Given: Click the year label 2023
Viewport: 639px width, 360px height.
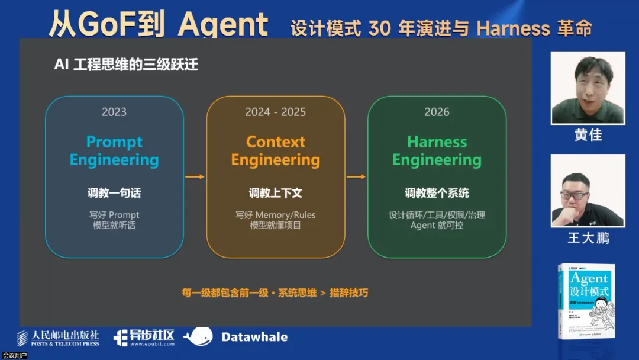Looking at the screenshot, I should (x=114, y=112).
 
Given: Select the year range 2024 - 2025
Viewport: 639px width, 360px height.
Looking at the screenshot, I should (x=276, y=112).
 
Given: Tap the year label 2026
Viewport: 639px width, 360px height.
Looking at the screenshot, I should (x=437, y=112).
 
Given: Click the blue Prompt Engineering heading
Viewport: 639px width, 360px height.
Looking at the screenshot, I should (x=114, y=151).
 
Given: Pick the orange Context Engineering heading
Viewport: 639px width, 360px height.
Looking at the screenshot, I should (x=276, y=151).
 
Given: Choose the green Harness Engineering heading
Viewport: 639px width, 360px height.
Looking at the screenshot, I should (x=437, y=151).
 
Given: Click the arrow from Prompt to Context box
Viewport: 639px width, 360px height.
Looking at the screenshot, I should (x=195, y=176).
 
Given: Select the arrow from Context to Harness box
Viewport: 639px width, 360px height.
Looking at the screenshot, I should (x=356, y=176).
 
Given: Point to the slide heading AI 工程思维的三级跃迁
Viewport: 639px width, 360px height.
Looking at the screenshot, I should (x=126, y=65).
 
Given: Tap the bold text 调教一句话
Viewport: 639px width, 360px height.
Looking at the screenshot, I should (x=114, y=193).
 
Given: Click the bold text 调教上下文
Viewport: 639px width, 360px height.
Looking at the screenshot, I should (x=276, y=193).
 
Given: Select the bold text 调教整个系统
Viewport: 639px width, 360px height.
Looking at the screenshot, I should (x=437, y=193).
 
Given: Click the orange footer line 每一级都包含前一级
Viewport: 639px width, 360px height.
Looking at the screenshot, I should (x=275, y=292).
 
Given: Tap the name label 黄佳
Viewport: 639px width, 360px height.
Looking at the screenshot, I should (x=588, y=135).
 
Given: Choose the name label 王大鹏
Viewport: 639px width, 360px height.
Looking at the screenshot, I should (x=588, y=238).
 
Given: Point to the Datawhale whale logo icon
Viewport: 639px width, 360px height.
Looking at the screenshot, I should (x=198, y=336).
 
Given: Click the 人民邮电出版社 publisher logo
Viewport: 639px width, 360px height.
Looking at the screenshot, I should (x=58, y=337).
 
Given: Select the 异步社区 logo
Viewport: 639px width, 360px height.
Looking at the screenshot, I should (x=144, y=337).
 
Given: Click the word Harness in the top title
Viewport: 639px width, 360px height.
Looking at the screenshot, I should (x=513, y=28).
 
